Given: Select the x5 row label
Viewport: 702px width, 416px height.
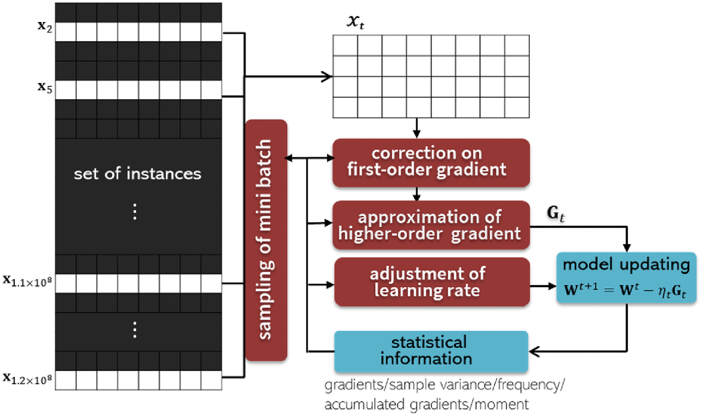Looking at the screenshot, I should click(45, 88).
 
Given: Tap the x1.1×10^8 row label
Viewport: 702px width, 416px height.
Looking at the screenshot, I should click(28, 281).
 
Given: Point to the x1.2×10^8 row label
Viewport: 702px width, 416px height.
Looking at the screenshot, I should click(28, 379).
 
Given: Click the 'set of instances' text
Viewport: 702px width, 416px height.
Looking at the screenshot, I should click(137, 173).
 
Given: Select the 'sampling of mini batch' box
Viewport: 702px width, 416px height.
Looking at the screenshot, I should click(266, 240).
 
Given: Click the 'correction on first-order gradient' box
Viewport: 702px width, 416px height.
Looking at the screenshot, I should click(431, 162).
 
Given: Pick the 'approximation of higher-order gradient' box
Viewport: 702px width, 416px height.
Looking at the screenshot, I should click(431, 225).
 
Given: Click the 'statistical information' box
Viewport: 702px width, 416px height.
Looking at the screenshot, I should click(431, 351).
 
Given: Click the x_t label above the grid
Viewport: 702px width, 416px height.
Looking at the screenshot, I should click(355, 21).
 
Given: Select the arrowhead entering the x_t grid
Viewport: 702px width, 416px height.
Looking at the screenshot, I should click(328, 76).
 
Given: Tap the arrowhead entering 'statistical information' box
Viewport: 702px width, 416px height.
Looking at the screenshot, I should click(534, 351).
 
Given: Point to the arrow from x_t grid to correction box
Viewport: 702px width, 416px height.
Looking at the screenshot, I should click(417, 128).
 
